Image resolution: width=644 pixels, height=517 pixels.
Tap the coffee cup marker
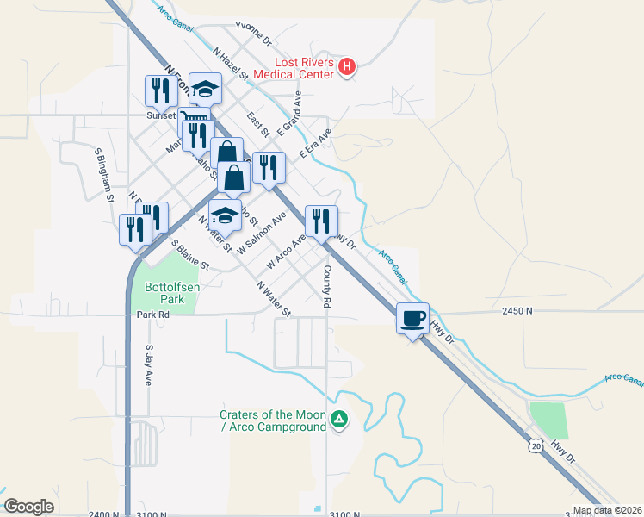(x=413, y=318)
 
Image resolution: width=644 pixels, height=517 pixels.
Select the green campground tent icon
(x=340, y=420)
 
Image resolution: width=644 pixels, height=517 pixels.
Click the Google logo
(x=28, y=507)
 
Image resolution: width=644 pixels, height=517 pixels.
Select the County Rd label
(x=327, y=287)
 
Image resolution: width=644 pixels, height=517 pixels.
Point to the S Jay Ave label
(x=149, y=365)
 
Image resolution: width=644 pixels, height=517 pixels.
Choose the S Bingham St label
(x=105, y=174)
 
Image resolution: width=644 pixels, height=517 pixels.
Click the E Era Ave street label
(x=315, y=144)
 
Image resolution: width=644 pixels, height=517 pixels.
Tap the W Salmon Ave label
(x=261, y=234)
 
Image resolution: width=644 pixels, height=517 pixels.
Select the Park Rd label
(x=152, y=315)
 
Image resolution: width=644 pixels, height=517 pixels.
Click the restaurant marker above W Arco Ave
(x=321, y=221)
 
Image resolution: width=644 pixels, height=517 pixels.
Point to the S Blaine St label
(x=190, y=256)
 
